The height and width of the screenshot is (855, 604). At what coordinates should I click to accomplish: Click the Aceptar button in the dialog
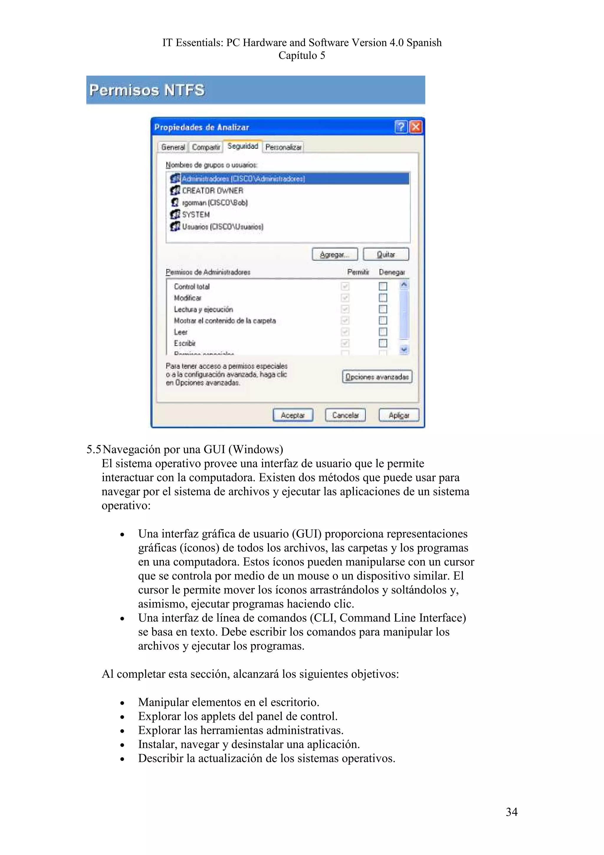[293, 415]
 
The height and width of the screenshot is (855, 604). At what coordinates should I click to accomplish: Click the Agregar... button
[334, 254]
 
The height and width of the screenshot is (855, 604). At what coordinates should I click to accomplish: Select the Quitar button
[386, 254]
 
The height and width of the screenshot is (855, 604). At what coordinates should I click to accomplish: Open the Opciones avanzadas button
[377, 376]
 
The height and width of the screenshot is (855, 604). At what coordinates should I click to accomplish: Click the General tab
[173, 147]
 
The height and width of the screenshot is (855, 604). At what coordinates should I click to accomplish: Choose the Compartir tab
[206, 147]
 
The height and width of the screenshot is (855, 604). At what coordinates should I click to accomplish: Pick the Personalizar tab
[283, 147]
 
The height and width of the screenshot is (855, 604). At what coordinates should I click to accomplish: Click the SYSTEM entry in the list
[196, 214]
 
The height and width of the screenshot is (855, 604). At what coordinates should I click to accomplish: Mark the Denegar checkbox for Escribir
[383, 343]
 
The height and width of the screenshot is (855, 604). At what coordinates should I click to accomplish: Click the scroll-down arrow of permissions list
[404, 349]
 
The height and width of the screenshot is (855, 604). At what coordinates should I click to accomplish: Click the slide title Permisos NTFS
[147, 90]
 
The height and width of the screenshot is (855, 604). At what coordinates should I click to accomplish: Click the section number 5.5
[94, 449]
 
